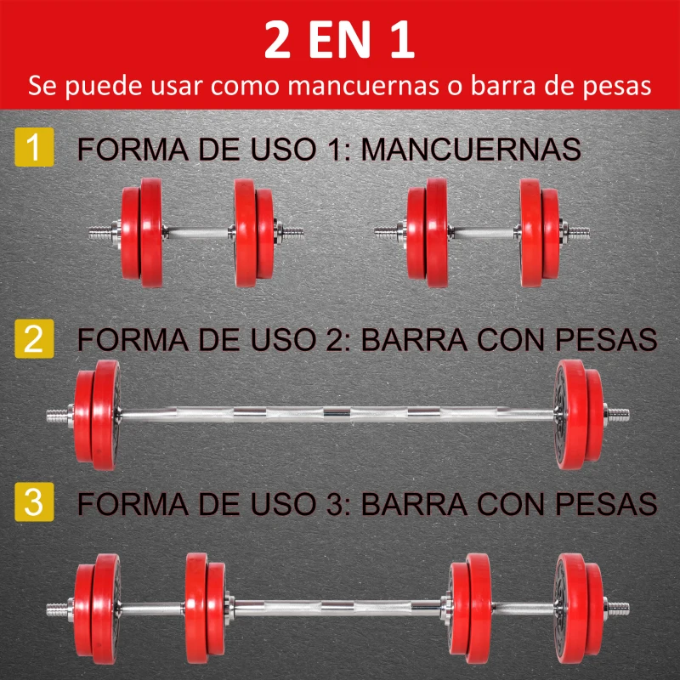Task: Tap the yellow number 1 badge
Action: click(34, 147)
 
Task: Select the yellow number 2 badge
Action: click(34, 339)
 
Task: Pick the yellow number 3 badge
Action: click(34, 502)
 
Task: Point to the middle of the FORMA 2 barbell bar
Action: click(340, 414)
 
